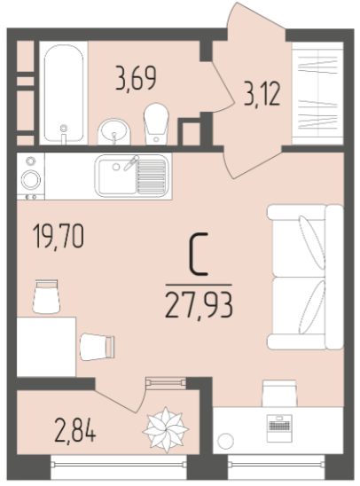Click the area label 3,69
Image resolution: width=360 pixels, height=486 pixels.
click(136, 78)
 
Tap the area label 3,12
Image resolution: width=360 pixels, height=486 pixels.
click(262, 93)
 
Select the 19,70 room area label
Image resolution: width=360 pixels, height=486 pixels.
click(59, 237)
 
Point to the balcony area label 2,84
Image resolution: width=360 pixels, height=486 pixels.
click(75, 430)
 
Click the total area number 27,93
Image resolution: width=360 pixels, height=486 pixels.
click(199, 305)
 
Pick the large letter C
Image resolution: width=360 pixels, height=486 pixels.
click(199, 255)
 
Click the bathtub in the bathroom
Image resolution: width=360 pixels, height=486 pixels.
click(64, 94)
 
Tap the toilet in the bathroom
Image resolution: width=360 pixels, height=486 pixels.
click(156, 123)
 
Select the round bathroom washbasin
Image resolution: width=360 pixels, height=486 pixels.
click(114, 131)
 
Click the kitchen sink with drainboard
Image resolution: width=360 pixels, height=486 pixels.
click(131, 176)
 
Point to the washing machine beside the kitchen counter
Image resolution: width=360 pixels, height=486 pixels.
click(31, 176)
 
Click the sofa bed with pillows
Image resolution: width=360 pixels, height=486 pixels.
click(305, 277)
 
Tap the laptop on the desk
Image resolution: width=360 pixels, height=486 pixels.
click(280, 428)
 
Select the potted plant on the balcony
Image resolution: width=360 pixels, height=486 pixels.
click(166, 429)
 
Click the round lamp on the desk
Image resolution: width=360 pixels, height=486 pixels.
click(225, 441)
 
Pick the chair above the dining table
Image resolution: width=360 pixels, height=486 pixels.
click(46, 296)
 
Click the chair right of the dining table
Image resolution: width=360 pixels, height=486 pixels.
click(98, 347)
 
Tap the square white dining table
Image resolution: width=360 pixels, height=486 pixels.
click(46, 347)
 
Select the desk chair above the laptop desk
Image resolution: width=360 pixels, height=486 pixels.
click(279, 393)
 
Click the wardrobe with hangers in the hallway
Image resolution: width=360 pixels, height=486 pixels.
click(317, 93)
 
